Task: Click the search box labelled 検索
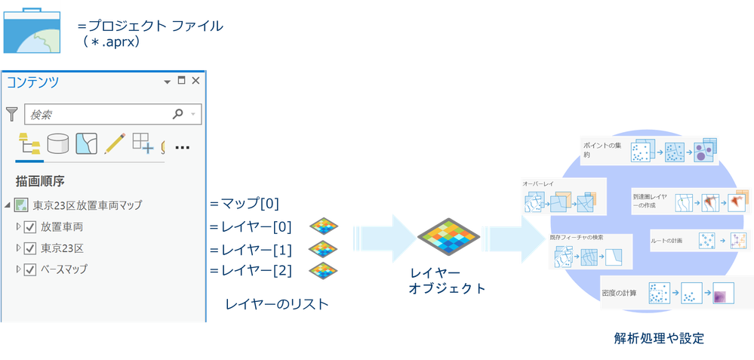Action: [x=102, y=115]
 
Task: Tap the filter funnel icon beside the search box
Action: [x=12, y=115]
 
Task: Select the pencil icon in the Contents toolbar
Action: [x=114, y=143]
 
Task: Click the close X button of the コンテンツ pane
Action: [x=196, y=81]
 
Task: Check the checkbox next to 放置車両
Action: [x=30, y=227]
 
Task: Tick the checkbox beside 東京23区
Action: [x=30, y=248]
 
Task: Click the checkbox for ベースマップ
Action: [x=30, y=269]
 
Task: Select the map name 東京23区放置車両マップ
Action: [x=87, y=205]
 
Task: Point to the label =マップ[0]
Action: [x=245, y=203]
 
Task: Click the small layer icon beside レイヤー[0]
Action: [x=323, y=226]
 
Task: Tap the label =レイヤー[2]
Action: [x=250, y=269]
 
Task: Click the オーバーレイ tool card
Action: [x=564, y=200]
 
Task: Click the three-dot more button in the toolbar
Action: [x=181, y=147]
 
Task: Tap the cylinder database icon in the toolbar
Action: [x=58, y=143]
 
